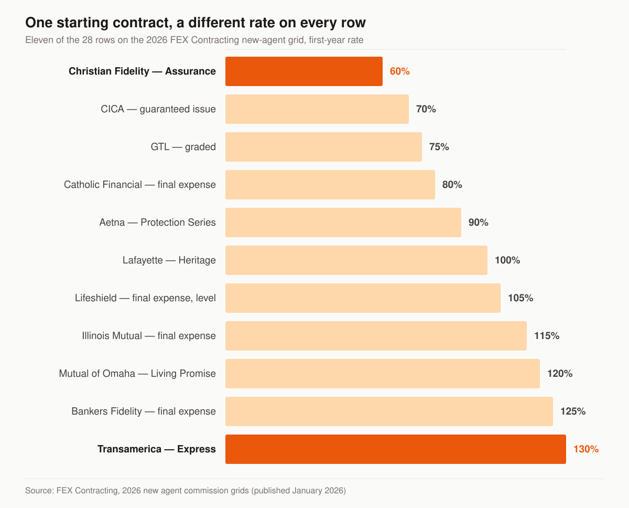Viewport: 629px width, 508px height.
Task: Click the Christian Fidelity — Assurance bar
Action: (303, 71)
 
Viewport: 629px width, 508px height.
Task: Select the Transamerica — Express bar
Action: (395, 449)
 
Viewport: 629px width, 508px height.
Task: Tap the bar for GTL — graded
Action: (323, 147)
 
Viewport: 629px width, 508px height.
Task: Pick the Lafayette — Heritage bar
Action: (356, 260)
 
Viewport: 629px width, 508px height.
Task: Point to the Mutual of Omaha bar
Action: (383, 374)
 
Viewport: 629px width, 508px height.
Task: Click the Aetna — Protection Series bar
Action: (343, 223)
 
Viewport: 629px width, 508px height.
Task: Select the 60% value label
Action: (399, 71)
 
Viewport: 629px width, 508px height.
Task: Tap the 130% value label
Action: (586, 449)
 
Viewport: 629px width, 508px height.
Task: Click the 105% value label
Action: (520, 298)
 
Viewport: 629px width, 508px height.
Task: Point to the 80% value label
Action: (452, 185)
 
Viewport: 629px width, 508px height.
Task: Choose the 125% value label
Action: (573, 411)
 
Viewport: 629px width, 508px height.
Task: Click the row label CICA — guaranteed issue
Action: (158, 109)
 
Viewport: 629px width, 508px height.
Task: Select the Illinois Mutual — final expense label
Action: (149, 336)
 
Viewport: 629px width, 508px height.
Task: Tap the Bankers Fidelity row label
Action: (144, 411)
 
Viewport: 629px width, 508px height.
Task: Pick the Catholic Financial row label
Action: (140, 185)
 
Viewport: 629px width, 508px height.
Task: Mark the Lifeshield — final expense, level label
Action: (145, 298)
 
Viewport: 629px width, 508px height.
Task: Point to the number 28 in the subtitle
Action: (87, 40)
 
